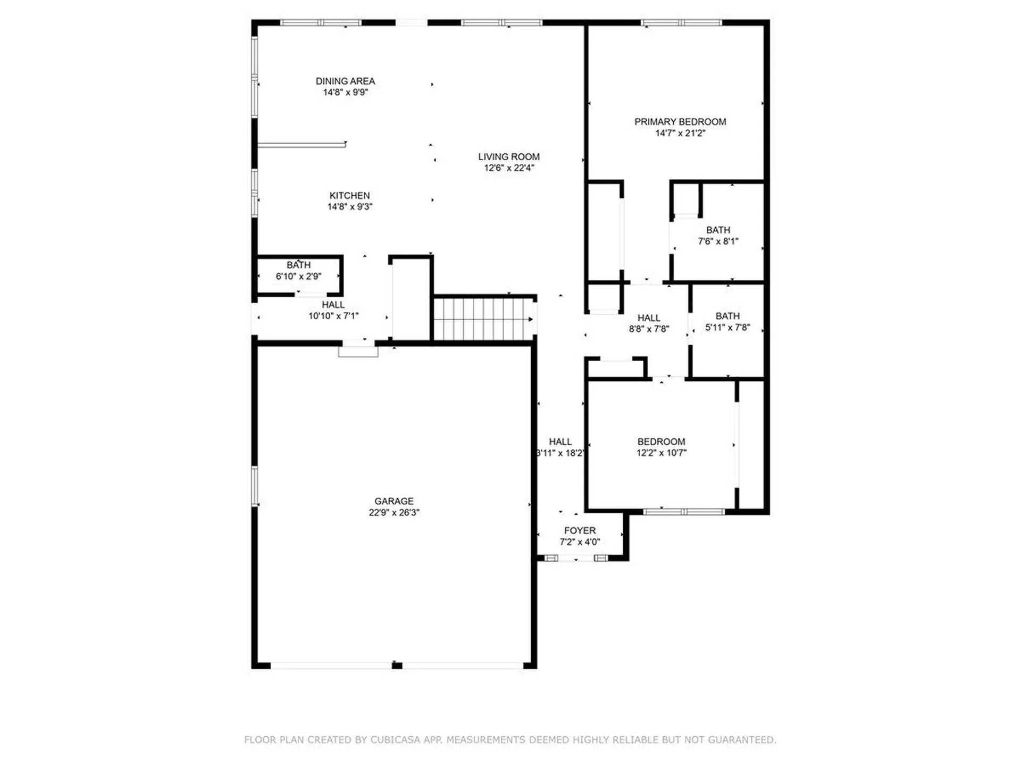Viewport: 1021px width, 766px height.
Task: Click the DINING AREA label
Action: point(345,81)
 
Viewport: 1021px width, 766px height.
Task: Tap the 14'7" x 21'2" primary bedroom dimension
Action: point(680,133)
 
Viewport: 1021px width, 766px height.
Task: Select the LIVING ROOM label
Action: point(508,156)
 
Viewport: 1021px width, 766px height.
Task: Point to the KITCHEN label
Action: point(349,195)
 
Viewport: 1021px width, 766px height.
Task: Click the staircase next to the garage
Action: point(483,319)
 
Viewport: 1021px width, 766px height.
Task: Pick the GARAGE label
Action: point(394,501)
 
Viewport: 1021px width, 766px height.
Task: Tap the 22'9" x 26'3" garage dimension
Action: point(394,512)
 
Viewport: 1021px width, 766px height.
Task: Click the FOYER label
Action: point(580,530)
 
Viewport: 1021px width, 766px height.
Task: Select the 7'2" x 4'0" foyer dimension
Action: point(580,542)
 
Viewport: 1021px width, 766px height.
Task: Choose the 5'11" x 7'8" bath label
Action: point(727,322)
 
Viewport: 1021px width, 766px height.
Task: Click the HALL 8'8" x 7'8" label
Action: point(649,323)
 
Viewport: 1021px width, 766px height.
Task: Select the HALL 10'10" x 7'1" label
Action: point(333,310)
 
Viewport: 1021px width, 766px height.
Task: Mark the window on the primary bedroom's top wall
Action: point(682,23)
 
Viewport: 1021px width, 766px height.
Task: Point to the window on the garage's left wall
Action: point(255,486)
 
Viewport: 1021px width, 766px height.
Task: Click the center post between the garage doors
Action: point(397,665)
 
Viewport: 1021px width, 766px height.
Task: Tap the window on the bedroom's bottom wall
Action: point(684,512)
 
